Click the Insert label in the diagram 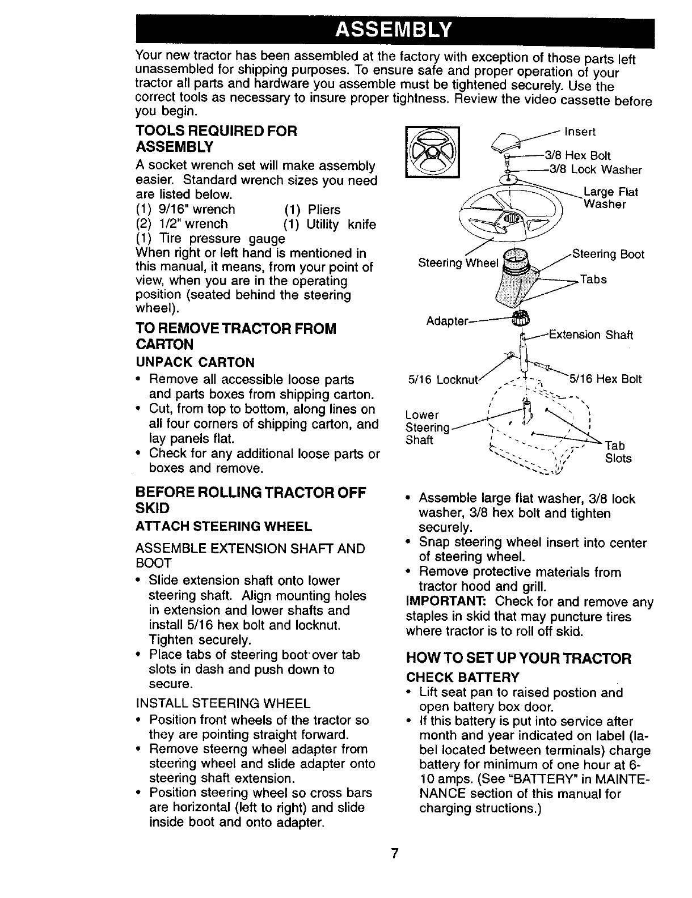pyautogui.click(x=580, y=132)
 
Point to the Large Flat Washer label pyautogui.click(x=610, y=198)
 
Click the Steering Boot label pyautogui.click(x=607, y=254)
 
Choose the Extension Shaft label pyautogui.click(x=590, y=334)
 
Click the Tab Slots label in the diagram pyautogui.click(x=618, y=452)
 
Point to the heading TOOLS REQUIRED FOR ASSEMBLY pyautogui.click(x=216, y=139)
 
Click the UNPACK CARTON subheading pyautogui.click(x=195, y=362)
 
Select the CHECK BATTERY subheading pyautogui.click(x=462, y=677)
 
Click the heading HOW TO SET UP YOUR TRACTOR pyautogui.click(x=518, y=659)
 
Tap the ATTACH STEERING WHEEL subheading pyautogui.click(x=223, y=527)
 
